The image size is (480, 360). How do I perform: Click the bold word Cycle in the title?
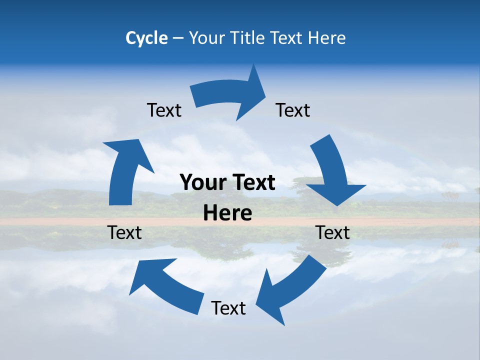146,38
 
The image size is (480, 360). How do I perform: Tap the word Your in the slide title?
206,38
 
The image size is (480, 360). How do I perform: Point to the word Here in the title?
327,38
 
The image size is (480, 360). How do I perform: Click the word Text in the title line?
287,38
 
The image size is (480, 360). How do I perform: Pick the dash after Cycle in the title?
178,38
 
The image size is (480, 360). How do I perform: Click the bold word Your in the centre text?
201,182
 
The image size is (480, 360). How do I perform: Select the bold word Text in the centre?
251,182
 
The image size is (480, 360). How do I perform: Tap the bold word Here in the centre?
227,213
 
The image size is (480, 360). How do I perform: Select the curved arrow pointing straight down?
332,172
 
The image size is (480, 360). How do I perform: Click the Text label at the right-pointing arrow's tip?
293,110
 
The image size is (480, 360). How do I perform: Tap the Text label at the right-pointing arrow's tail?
164,110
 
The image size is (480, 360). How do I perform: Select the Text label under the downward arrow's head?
332,232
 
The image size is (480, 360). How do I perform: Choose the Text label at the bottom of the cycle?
228,308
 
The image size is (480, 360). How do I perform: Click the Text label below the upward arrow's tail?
124,232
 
